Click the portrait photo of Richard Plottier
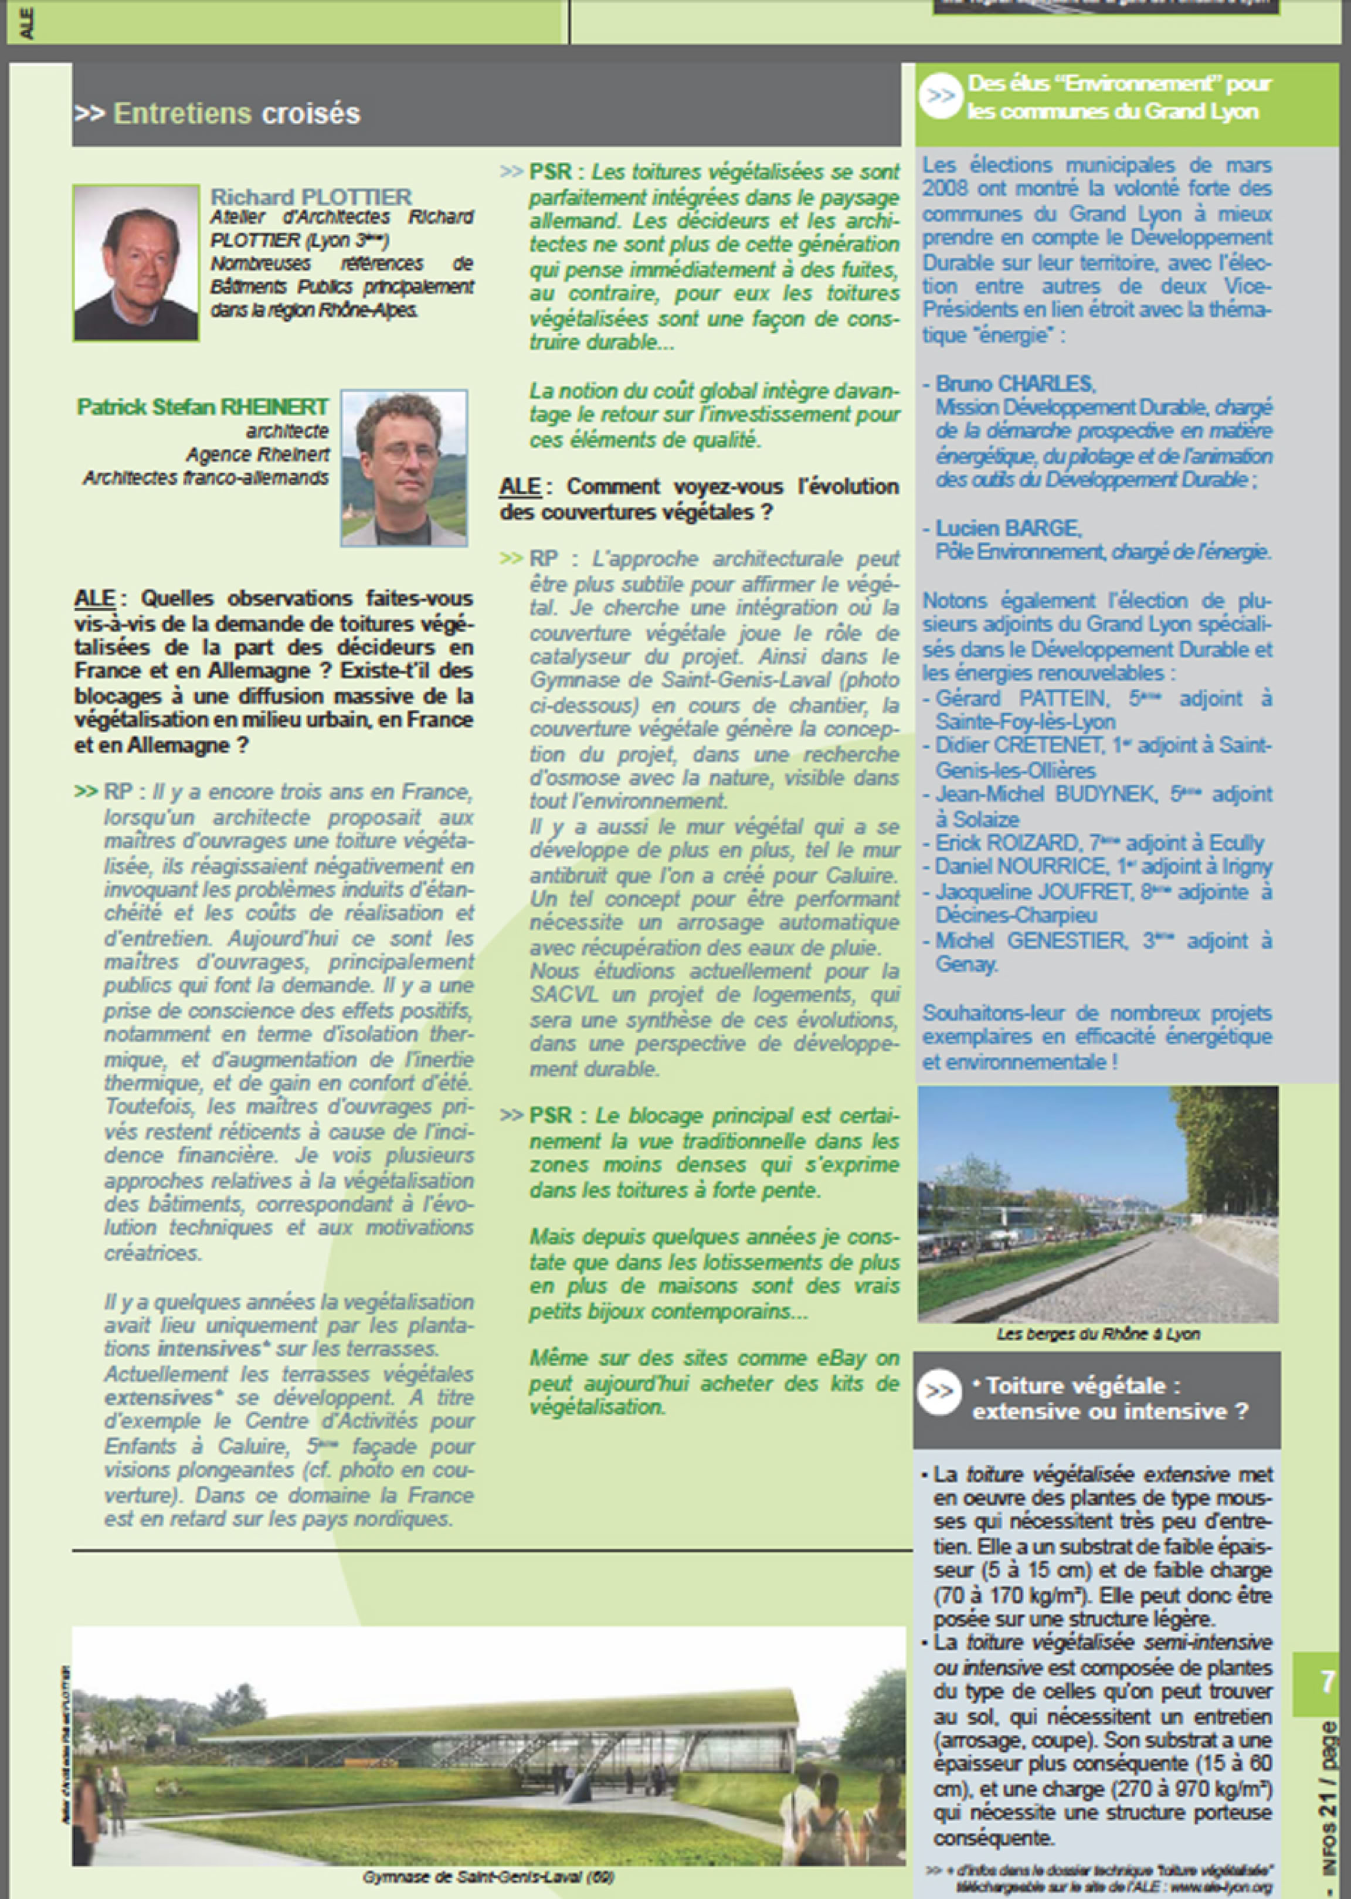[135, 262]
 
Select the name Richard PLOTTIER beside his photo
[310, 196]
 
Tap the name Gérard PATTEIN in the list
[1021, 698]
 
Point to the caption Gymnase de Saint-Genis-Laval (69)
[488, 1877]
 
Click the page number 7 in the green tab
[1327, 1682]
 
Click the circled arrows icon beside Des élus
[941, 97]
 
